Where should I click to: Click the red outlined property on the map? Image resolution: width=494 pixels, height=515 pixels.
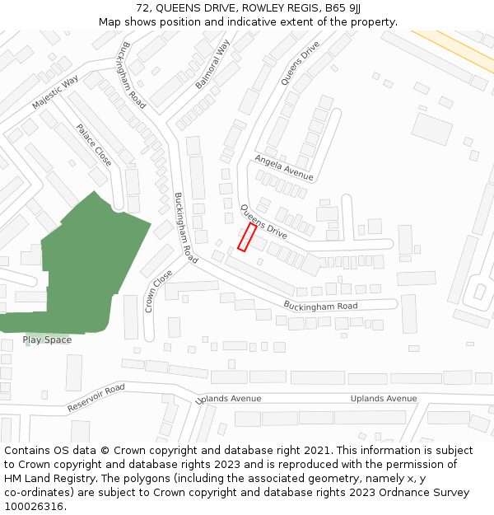(247, 236)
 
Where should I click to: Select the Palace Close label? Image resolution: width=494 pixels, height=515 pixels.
(93, 144)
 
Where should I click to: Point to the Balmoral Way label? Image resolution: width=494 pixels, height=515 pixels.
(212, 64)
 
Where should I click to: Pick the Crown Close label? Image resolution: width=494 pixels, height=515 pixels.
(159, 291)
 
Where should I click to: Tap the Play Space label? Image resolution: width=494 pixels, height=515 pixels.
(47, 339)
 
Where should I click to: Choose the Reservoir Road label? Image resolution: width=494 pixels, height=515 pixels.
(96, 397)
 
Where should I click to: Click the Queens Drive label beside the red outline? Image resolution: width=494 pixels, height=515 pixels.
(263, 222)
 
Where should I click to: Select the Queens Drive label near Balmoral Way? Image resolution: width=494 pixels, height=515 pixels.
(300, 63)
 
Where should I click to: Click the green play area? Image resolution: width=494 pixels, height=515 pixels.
(82, 264)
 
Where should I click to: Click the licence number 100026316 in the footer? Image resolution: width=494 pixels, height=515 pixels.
(34, 506)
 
